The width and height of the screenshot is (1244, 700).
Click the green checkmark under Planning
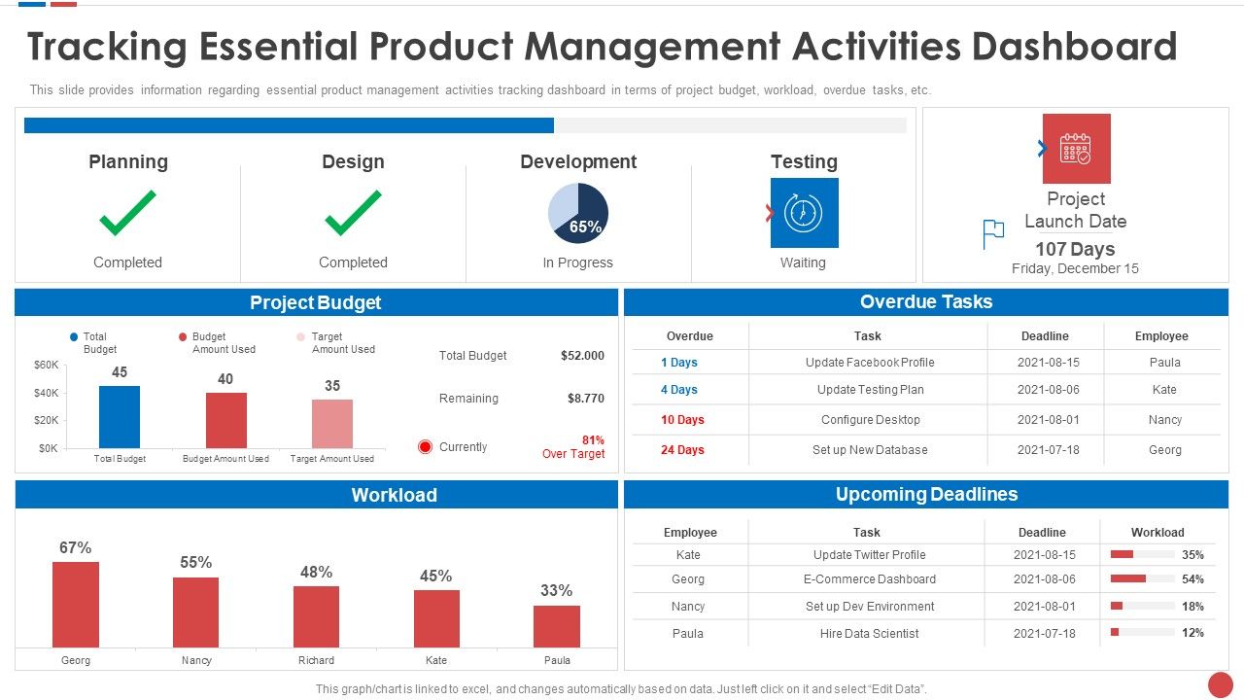(127, 213)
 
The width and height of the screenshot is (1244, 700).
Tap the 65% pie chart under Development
(578, 213)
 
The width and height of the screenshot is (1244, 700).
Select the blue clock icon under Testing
(804, 212)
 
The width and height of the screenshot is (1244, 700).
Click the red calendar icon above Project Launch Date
(1076, 149)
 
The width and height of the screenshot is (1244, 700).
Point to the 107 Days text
(1075, 249)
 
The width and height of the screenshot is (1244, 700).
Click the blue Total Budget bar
(120, 417)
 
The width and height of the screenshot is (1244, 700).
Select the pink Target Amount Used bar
(332, 424)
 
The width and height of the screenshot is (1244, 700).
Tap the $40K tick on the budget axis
(48, 393)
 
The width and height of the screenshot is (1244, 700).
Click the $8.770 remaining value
(585, 399)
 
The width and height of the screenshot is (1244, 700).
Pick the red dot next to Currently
(425, 447)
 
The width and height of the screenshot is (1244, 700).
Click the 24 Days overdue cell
(682, 450)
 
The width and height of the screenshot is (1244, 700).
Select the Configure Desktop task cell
(870, 420)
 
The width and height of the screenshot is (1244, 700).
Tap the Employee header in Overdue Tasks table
(1161, 336)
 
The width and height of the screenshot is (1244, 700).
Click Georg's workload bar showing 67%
(76, 605)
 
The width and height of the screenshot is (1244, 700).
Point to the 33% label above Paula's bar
(556, 590)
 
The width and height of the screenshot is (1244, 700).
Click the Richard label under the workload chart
(316, 660)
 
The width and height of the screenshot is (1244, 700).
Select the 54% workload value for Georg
(1192, 579)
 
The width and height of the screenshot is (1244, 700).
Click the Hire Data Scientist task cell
(869, 633)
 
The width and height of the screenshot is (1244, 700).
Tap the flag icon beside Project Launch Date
(993, 233)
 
